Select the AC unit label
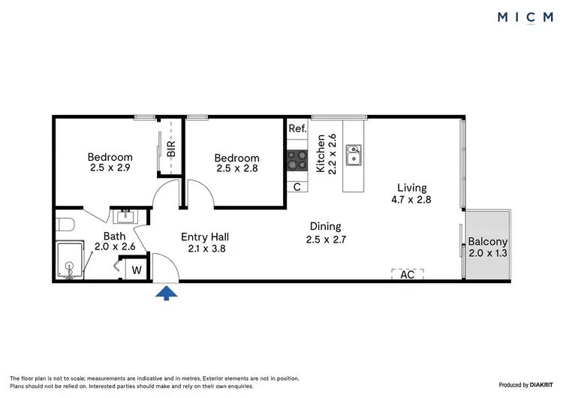point(407,275)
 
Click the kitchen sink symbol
point(354,156)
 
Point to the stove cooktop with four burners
point(297,159)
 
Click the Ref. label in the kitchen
point(297,129)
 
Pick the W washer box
point(137,270)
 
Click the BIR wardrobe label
point(171,148)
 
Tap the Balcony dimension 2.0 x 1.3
point(488,253)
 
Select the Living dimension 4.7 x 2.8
point(411,200)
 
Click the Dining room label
point(325,226)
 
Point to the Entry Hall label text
point(205,237)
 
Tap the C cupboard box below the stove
point(297,187)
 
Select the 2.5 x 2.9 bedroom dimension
point(110,168)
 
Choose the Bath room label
point(114,236)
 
